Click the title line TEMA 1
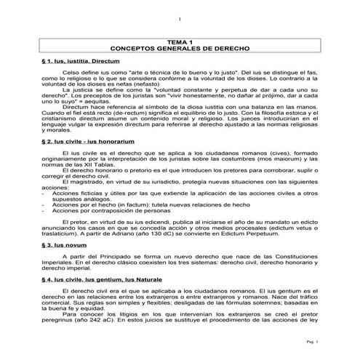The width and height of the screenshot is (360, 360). (179, 43)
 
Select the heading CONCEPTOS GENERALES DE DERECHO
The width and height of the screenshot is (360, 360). (179, 49)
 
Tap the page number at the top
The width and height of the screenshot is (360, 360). (179, 18)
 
